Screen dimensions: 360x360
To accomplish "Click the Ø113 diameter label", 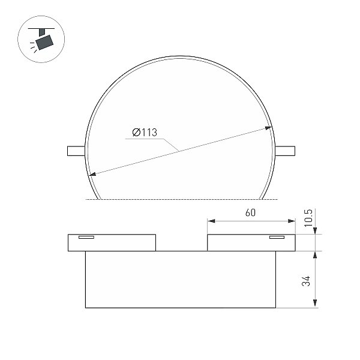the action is coord(145,133).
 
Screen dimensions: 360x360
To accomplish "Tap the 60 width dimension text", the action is coord(250,212).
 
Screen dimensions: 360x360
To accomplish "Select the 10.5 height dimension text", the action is coord(308,218).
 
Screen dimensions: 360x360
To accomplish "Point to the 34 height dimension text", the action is coord(306,281).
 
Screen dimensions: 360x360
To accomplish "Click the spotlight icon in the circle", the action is coord(41,39).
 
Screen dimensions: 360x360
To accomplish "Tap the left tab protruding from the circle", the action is coord(76,151).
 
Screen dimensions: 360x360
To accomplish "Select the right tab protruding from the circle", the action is coord(285,151).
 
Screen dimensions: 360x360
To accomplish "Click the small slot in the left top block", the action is coord(86,237).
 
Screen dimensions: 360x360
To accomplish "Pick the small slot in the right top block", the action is coord(277,237).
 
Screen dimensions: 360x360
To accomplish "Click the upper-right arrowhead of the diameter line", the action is coord(268,128).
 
